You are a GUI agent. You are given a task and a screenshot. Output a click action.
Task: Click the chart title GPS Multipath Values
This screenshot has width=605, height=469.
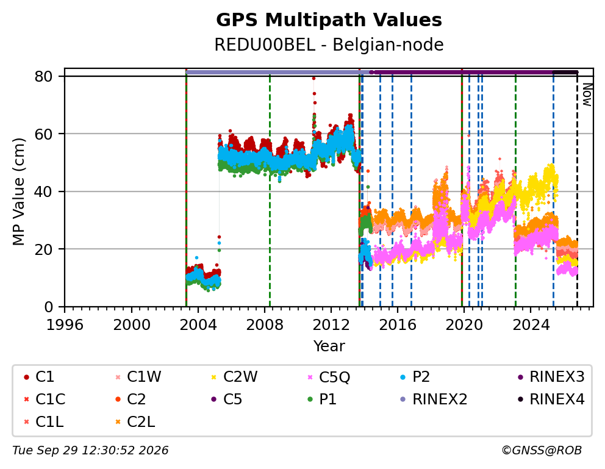(329, 20)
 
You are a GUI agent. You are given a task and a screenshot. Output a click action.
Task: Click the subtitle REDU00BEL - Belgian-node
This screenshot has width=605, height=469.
(329, 45)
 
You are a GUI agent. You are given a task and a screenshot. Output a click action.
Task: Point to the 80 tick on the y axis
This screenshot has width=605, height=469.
(43, 76)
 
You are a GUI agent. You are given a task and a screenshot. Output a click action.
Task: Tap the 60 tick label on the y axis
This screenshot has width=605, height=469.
(43, 134)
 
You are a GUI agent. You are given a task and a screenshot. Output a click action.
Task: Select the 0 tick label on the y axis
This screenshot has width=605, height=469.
(48, 307)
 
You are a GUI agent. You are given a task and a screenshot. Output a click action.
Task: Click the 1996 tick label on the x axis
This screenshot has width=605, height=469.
(65, 325)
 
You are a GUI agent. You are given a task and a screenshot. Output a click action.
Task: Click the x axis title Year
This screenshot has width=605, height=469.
(329, 346)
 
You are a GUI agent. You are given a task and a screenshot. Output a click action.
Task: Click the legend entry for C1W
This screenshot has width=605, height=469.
(138, 376)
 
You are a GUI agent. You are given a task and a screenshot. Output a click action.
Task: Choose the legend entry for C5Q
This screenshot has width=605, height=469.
(329, 377)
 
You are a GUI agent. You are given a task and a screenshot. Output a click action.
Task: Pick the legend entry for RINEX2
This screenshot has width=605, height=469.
(434, 399)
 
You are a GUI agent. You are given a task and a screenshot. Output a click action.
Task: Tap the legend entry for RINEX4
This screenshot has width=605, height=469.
(551, 399)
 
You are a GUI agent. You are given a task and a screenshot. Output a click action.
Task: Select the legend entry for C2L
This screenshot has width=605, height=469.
(135, 422)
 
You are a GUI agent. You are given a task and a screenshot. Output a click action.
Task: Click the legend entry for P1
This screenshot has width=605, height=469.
(322, 399)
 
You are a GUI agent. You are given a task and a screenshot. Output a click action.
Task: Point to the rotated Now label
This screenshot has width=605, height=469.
(587, 95)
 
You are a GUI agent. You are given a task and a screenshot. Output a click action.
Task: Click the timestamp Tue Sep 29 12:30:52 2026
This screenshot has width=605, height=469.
(90, 450)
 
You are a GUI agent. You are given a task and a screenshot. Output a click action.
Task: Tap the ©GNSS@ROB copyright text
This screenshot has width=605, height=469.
(542, 450)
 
